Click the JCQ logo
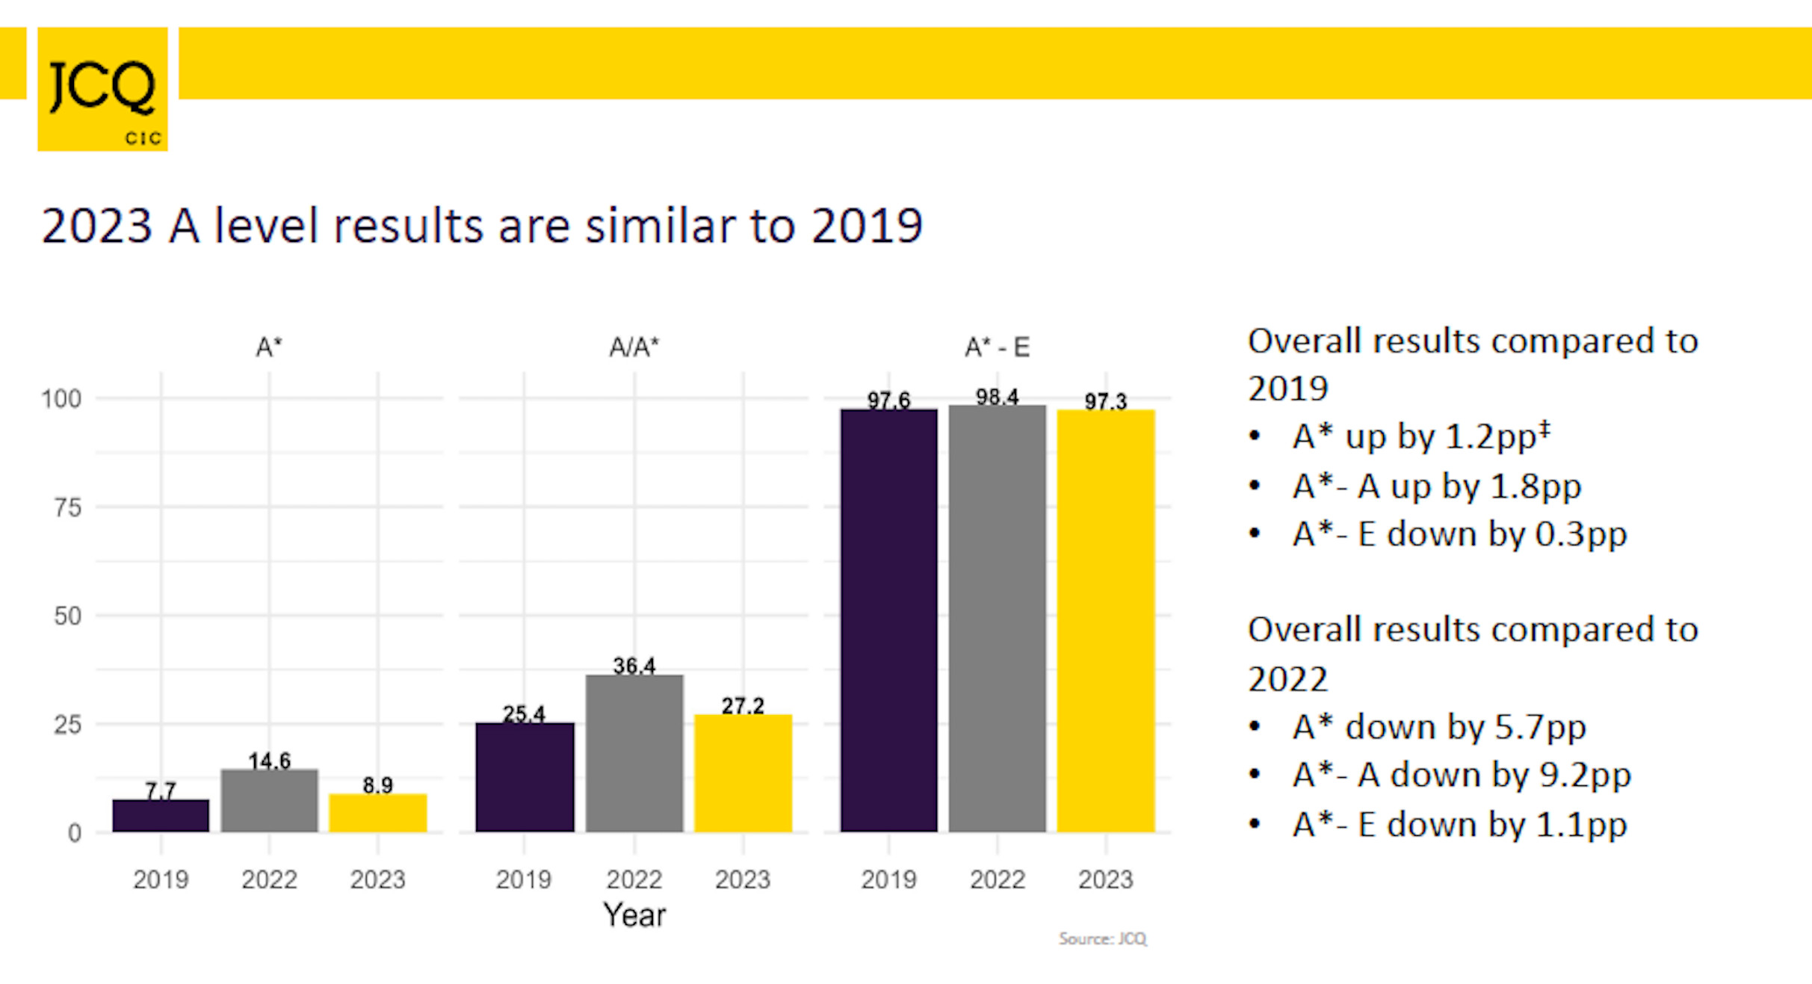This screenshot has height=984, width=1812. click(102, 89)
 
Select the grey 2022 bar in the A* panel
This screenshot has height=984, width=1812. click(269, 800)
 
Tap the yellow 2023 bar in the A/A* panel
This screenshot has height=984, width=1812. click(743, 773)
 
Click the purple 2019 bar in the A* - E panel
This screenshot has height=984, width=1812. click(888, 620)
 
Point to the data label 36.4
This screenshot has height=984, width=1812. click(634, 665)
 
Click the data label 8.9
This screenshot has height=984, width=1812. click(377, 785)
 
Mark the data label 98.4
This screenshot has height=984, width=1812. click(997, 397)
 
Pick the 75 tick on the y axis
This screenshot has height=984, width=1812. click(67, 508)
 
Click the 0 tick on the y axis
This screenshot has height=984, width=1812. click(74, 832)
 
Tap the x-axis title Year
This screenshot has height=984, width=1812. click(634, 915)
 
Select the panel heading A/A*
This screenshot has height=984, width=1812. click(634, 347)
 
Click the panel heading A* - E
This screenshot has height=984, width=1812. click(997, 347)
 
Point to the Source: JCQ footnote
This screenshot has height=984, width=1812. click(1102, 938)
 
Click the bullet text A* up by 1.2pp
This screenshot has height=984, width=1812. click(1420, 436)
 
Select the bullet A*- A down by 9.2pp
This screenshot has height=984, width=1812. click(1461, 775)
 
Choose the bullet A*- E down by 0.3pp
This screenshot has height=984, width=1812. click(1459, 534)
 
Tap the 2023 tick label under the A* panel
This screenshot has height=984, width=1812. click(377, 879)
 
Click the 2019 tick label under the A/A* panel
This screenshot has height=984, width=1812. click(523, 879)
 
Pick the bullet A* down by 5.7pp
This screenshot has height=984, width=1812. click(1438, 727)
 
